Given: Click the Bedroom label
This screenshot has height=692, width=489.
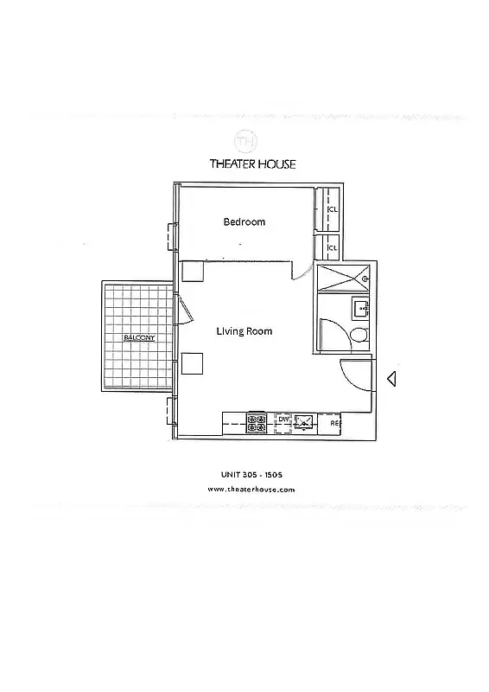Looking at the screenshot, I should click(x=244, y=222).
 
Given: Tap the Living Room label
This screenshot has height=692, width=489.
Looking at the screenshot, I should click(x=244, y=331).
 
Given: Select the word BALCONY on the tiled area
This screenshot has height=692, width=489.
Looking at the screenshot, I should click(x=139, y=337).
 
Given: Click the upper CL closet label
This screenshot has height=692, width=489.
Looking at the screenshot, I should click(x=333, y=209).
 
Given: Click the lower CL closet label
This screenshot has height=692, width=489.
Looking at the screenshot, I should click(x=331, y=248).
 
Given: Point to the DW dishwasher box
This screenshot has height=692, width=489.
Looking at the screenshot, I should click(x=283, y=420).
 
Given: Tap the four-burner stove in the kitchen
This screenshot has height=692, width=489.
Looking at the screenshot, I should click(x=257, y=423).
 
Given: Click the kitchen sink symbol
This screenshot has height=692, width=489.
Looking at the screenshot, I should click(x=305, y=422).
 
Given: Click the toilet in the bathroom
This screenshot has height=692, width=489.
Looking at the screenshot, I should click(x=358, y=336).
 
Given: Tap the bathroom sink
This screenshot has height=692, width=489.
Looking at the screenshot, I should click(x=359, y=308).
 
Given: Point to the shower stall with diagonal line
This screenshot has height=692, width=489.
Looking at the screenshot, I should click(x=343, y=277).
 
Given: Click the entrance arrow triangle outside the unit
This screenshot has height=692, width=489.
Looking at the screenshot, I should click(x=391, y=378).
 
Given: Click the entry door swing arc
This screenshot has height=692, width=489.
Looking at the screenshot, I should click(x=353, y=373).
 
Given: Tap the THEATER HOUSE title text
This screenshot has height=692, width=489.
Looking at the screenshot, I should click(x=252, y=164).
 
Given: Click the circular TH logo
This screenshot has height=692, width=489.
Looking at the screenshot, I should click(x=244, y=140).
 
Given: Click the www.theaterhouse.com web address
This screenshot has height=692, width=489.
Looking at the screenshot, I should click(x=252, y=489).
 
